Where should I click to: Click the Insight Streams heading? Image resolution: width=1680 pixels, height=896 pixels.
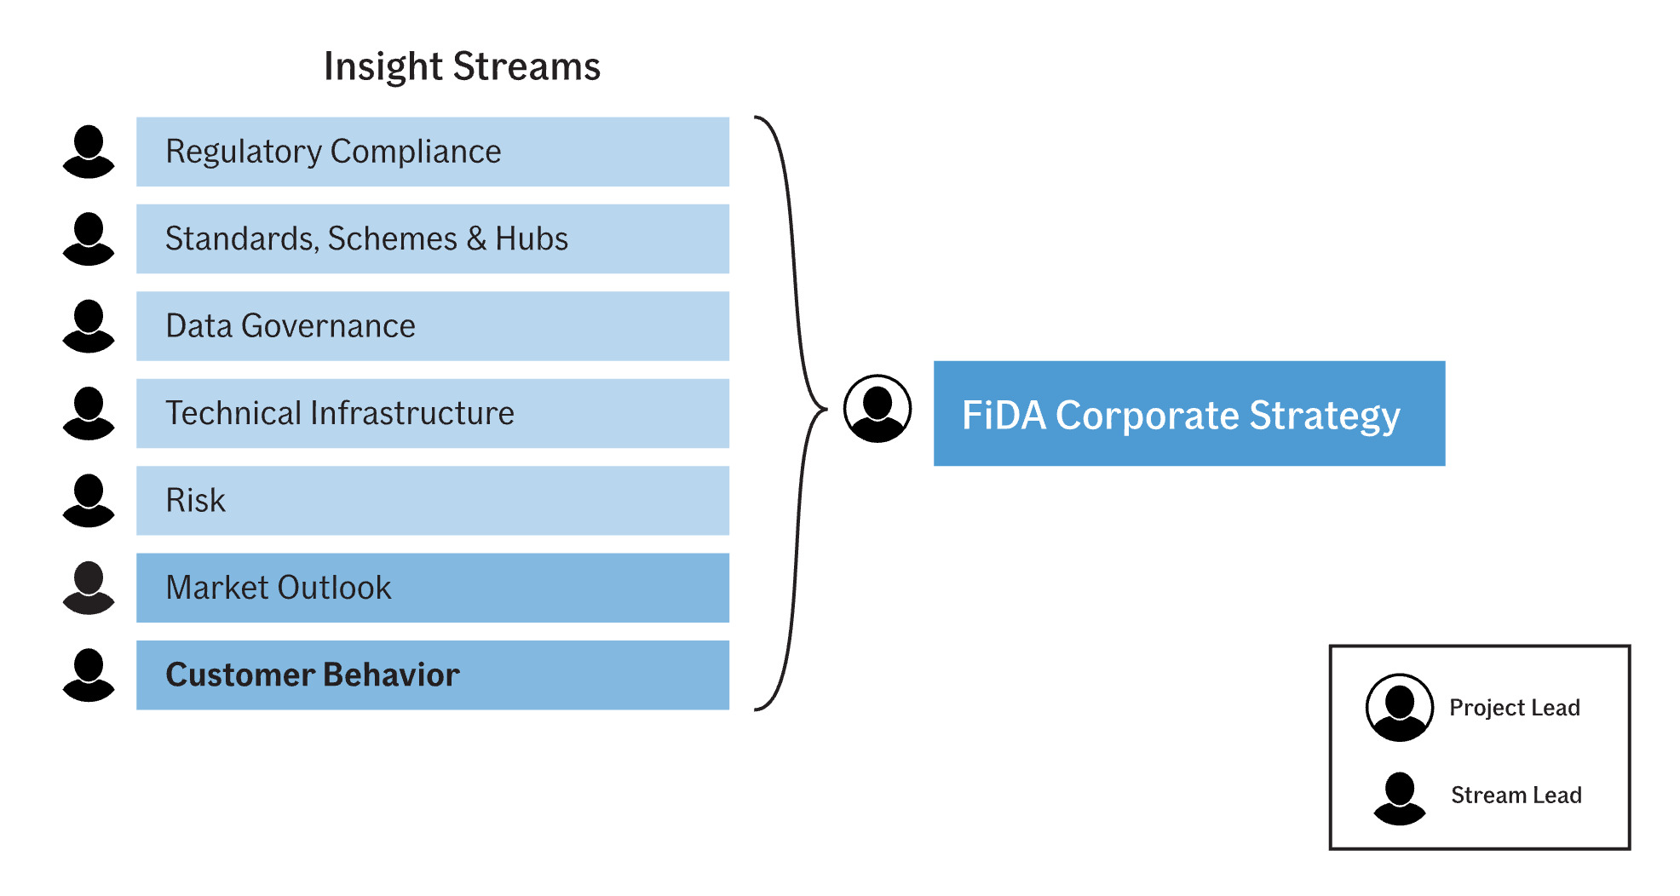pyautogui.click(x=462, y=66)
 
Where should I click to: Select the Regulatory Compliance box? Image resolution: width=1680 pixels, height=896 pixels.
pyautogui.click(x=432, y=152)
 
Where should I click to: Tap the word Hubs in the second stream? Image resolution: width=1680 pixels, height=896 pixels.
pyautogui.click(x=532, y=239)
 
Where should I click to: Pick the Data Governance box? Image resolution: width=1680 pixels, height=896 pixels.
pyautogui.click(x=432, y=326)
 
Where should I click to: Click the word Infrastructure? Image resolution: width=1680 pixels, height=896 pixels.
pyautogui.click(x=412, y=413)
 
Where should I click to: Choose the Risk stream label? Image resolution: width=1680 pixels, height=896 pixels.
pyautogui.click(x=195, y=501)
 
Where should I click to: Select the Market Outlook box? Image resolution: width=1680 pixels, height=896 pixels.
pyautogui.click(x=432, y=588)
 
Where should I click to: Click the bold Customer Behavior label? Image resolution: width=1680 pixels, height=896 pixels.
pyautogui.click(x=312, y=675)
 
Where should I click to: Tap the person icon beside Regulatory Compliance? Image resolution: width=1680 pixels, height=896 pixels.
pyautogui.click(x=89, y=152)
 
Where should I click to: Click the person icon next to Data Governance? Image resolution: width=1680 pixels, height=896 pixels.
pyautogui.click(x=89, y=326)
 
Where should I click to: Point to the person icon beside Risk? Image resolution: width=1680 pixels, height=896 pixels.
pyautogui.click(x=89, y=501)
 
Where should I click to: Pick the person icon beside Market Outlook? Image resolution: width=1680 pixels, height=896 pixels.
pyautogui.click(x=89, y=588)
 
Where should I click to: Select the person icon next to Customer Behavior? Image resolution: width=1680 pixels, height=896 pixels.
pyautogui.click(x=89, y=675)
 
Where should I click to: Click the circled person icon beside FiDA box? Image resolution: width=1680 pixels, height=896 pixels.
pyautogui.click(x=877, y=409)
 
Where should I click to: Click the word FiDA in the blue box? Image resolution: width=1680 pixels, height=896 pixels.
pyautogui.click(x=1003, y=416)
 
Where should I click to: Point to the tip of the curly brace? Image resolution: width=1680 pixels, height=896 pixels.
pyautogui.click(x=824, y=410)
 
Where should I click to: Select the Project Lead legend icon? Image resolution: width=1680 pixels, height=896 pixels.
pyautogui.click(x=1399, y=708)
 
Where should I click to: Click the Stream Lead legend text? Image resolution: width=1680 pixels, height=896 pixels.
pyautogui.click(x=1516, y=795)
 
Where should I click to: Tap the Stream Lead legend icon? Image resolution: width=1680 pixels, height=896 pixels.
pyautogui.click(x=1399, y=798)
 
